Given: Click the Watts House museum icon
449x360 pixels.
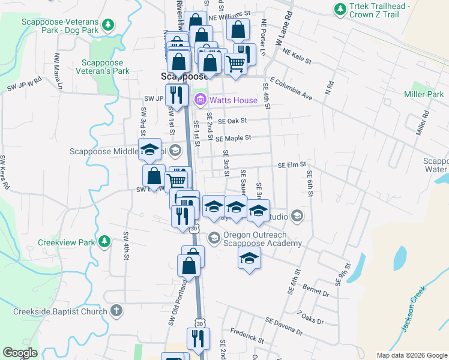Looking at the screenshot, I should point(200,100).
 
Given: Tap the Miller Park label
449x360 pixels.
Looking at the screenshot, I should point(424,94).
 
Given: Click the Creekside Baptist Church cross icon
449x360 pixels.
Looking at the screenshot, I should point(116,311).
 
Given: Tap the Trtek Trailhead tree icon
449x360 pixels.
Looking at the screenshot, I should point(340,10).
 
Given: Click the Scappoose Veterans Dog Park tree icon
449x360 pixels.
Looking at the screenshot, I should point(108,25).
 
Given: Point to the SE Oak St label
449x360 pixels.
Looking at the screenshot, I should point(233,121).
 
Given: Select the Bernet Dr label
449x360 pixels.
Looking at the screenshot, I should point(316,290).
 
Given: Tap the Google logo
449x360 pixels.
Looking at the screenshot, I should point(19,353).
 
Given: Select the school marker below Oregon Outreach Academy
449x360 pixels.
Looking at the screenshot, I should point(249,259).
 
